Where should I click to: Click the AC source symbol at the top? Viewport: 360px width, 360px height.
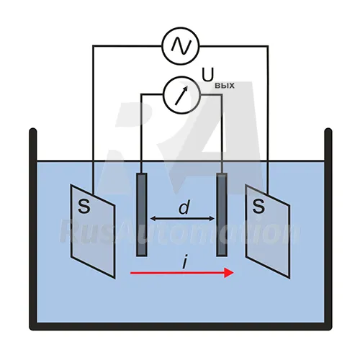(x=181, y=46)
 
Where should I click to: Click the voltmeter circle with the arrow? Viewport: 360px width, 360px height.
(x=181, y=95)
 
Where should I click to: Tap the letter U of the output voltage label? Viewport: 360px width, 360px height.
(x=208, y=75)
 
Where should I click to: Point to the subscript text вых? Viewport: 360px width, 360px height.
(x=225, y=86)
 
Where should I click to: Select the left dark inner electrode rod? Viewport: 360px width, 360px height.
(x=142, y=215)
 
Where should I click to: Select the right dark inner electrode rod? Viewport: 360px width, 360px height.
(x=222, y=215)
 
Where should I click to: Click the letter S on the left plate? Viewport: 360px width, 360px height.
(x=84, y=206)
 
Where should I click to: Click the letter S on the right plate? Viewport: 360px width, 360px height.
(x=258, y=206)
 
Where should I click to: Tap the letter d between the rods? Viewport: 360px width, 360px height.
(x=184, y=207)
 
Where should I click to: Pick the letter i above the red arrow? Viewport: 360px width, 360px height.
(x=184, y=262)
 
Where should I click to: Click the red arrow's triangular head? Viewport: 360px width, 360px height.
(x=229, y=273)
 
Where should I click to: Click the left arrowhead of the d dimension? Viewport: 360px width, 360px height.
(x=153, y=218)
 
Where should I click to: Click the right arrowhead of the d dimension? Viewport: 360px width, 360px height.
(x=212, y=218)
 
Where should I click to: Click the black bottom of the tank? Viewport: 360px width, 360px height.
(x=181, y=326)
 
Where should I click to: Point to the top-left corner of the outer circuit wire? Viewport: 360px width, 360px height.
(x=93, y=45)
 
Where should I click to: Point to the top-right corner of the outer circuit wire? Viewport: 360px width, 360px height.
(x=268, y=45)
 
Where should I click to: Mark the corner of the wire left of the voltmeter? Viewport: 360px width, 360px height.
(x=142, y=95)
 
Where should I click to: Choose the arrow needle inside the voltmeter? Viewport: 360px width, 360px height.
(x=181, y=96)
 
